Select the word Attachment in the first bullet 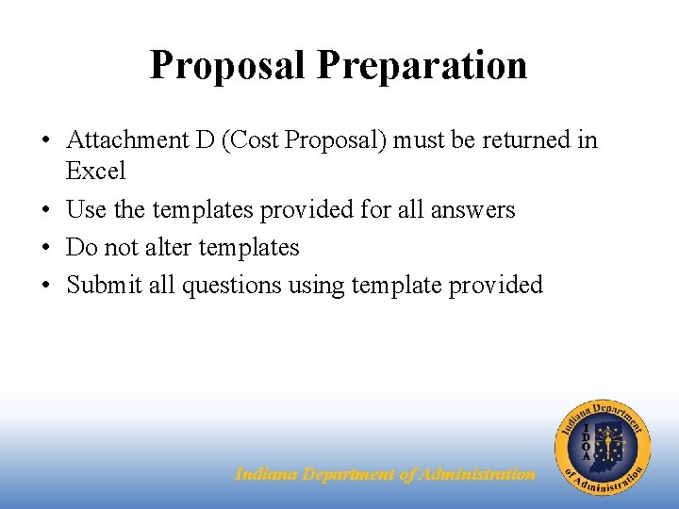pyautogui.click(x=127, y=140)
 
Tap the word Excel pyautogui.click(x=95, y=172)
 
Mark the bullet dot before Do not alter pyautogui.click(x=45, y=248)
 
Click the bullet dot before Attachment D pyautogui.click(x=45, y=141)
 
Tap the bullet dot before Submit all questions pyautogui.click(x=45, y=286)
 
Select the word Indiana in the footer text pyautogui.click(x=266, y=474)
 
